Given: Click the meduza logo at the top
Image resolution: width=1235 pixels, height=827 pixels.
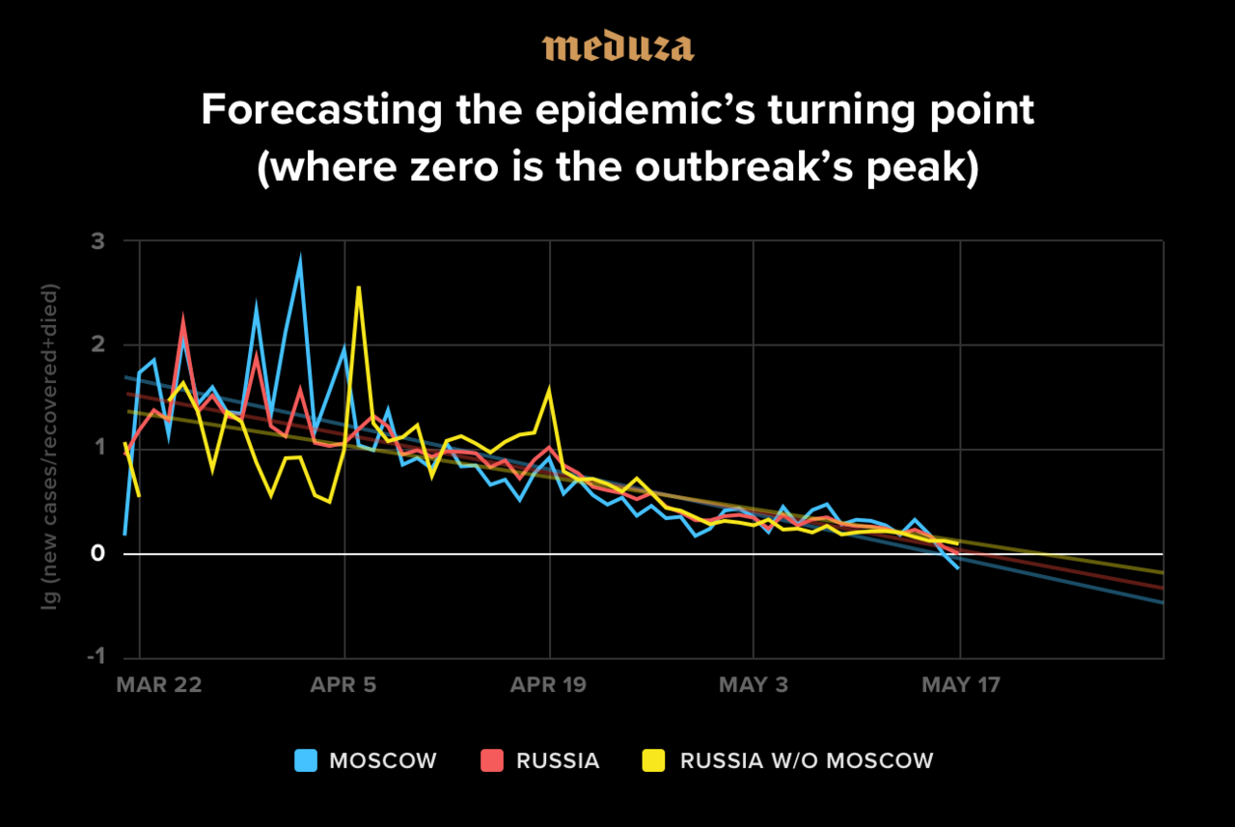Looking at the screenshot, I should click(x=617, y=47).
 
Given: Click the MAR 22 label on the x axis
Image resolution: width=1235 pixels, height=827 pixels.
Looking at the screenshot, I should click(x=159, y=685).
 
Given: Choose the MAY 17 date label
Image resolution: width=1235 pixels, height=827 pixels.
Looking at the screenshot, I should click(x=961, y=685).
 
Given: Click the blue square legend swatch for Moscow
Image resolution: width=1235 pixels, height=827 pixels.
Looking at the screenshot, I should click(x=306, y=760).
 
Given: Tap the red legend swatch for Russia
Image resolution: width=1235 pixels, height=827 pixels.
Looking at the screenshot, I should click(x=492, y=760).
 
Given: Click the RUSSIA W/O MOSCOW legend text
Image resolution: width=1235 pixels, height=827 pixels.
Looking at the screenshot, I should click(x=807, y=760).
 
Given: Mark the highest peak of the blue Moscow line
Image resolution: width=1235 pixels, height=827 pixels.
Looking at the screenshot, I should click(x=300, y=259).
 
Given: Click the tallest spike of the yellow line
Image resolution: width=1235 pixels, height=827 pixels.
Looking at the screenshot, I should click(x=358, y=288).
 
